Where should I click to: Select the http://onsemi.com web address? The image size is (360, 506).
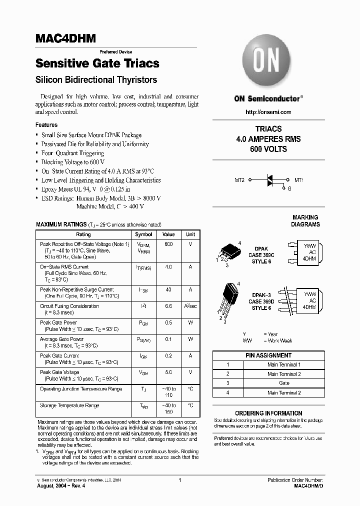[269, 112]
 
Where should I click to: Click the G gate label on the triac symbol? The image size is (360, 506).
[289, 189]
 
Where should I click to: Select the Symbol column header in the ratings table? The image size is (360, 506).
[144, 234]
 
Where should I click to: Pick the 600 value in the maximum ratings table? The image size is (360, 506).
[168, 244]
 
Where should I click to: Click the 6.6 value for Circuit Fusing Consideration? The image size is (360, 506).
[168, 306]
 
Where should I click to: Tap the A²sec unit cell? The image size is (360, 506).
[190, 306]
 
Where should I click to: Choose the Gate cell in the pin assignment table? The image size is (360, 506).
[284, 383]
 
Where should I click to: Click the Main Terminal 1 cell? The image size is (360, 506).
[284, 365]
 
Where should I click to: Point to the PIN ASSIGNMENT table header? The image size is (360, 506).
[269, 355]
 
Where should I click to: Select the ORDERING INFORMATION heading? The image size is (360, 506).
[268, 413]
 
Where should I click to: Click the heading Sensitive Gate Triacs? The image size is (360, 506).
[97, 63]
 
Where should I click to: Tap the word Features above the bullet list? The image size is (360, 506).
[46, 125]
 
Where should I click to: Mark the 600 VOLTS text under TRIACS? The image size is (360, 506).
[268, 149]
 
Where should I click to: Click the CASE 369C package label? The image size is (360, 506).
[261, 255]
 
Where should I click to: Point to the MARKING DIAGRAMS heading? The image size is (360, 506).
[305, 221]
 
